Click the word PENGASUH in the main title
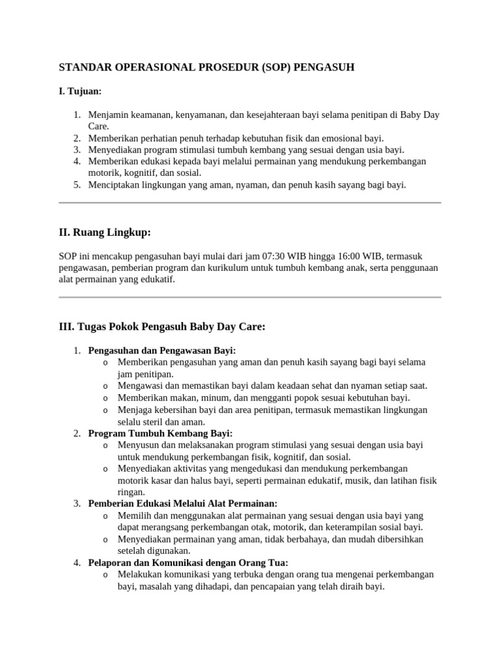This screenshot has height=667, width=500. pos(323,67)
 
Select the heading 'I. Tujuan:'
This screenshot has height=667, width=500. pos(80,91)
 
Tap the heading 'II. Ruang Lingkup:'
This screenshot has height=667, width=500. pos(105,233)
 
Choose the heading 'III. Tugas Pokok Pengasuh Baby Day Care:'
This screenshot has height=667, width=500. pos(162,326)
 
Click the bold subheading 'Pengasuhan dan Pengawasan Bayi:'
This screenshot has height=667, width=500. pos(162,350)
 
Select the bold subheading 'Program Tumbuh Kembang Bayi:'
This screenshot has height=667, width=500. pos(160,433)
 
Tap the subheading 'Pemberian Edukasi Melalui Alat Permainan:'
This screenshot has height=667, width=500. pos(183,504)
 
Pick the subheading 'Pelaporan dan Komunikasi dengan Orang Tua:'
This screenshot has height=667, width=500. pos(188,563)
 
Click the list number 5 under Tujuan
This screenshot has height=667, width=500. pos(76,185)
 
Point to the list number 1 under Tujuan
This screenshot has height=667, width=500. pos(76,115)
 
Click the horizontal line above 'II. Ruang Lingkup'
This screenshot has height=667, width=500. pos(250,203)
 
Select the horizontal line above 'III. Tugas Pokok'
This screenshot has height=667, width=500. pos(250,298)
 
